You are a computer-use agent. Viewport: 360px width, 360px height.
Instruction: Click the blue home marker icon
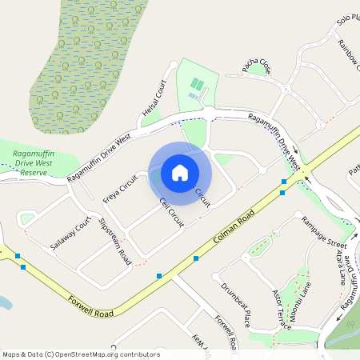tap(180, 172)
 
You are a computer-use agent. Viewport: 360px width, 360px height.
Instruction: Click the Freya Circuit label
tap(121, 186)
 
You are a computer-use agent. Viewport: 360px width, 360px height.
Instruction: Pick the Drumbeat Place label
tap(236, 301)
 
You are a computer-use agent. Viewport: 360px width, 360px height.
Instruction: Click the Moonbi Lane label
tap(305, 298)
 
